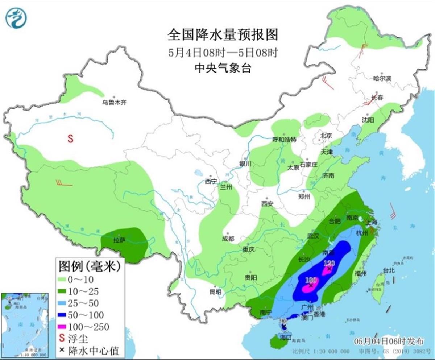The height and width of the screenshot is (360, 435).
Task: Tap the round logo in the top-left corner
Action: tap(16, 17)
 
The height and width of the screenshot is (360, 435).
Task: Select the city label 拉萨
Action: tap(119, 240)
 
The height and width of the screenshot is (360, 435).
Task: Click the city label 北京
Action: tap(326, 136)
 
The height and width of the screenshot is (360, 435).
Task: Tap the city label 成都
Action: tap(228, 239)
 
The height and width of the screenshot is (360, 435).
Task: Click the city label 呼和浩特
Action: tap(285, 140)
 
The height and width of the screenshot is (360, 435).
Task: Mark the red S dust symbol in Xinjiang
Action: tap(71, 138)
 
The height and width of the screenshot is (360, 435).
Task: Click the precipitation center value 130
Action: tap(311, 280)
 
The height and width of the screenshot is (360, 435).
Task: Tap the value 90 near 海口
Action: tap(283, 321)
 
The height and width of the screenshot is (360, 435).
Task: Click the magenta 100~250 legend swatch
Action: tap(65, 326)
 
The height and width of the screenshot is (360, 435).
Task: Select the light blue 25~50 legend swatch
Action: tap(65, 303)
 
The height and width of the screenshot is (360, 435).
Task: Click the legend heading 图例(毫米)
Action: tap(89, 267)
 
